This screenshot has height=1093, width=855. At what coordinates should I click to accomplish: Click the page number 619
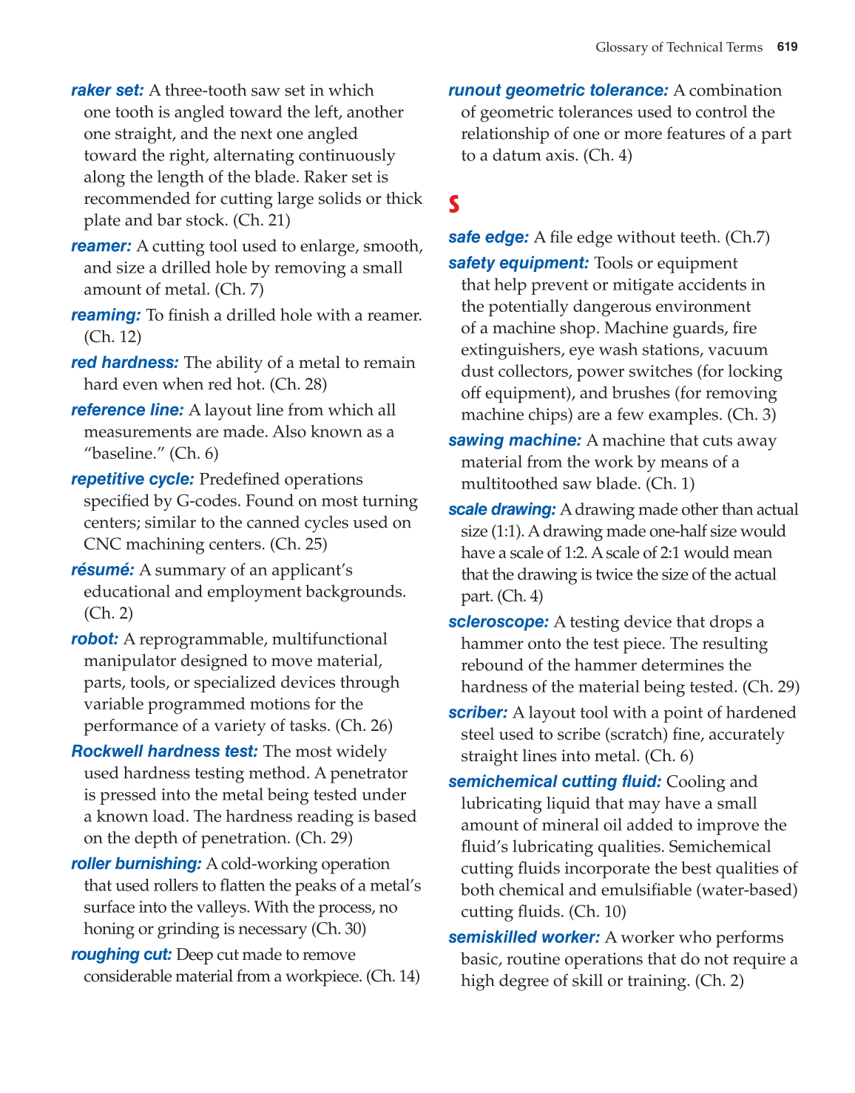tap(787, 47)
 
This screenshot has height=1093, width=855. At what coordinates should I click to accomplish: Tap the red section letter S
tap(454, 203)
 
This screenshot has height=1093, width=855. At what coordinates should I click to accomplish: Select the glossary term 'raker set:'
tap(107, 90)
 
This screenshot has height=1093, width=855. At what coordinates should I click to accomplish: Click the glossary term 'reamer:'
tap(101, 246)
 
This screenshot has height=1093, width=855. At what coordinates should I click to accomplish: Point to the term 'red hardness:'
tap(125, 363)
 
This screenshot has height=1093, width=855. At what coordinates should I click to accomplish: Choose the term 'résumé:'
tap(103, 570)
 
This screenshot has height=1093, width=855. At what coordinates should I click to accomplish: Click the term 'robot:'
tap(95, 639)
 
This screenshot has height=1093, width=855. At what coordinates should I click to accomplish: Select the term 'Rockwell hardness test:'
tap(164, 752)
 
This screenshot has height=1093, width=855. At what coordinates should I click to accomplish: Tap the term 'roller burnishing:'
tap(136, 864)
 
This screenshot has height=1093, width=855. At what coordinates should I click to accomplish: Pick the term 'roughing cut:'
tap(121, 955)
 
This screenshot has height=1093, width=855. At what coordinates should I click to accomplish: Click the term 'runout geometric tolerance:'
tap(558, 90)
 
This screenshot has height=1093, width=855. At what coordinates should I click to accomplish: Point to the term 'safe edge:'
tap(488, 237)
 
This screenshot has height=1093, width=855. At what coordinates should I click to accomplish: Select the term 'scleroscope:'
tap(499, 622)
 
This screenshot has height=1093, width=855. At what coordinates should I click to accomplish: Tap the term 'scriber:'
tap(478, 713)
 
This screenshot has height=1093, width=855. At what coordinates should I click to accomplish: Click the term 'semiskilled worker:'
tap(524, 938)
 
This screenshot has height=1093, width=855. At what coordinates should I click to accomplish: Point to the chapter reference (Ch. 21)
tap(262, 220)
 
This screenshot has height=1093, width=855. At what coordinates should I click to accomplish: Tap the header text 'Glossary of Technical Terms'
tap(678, 47)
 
